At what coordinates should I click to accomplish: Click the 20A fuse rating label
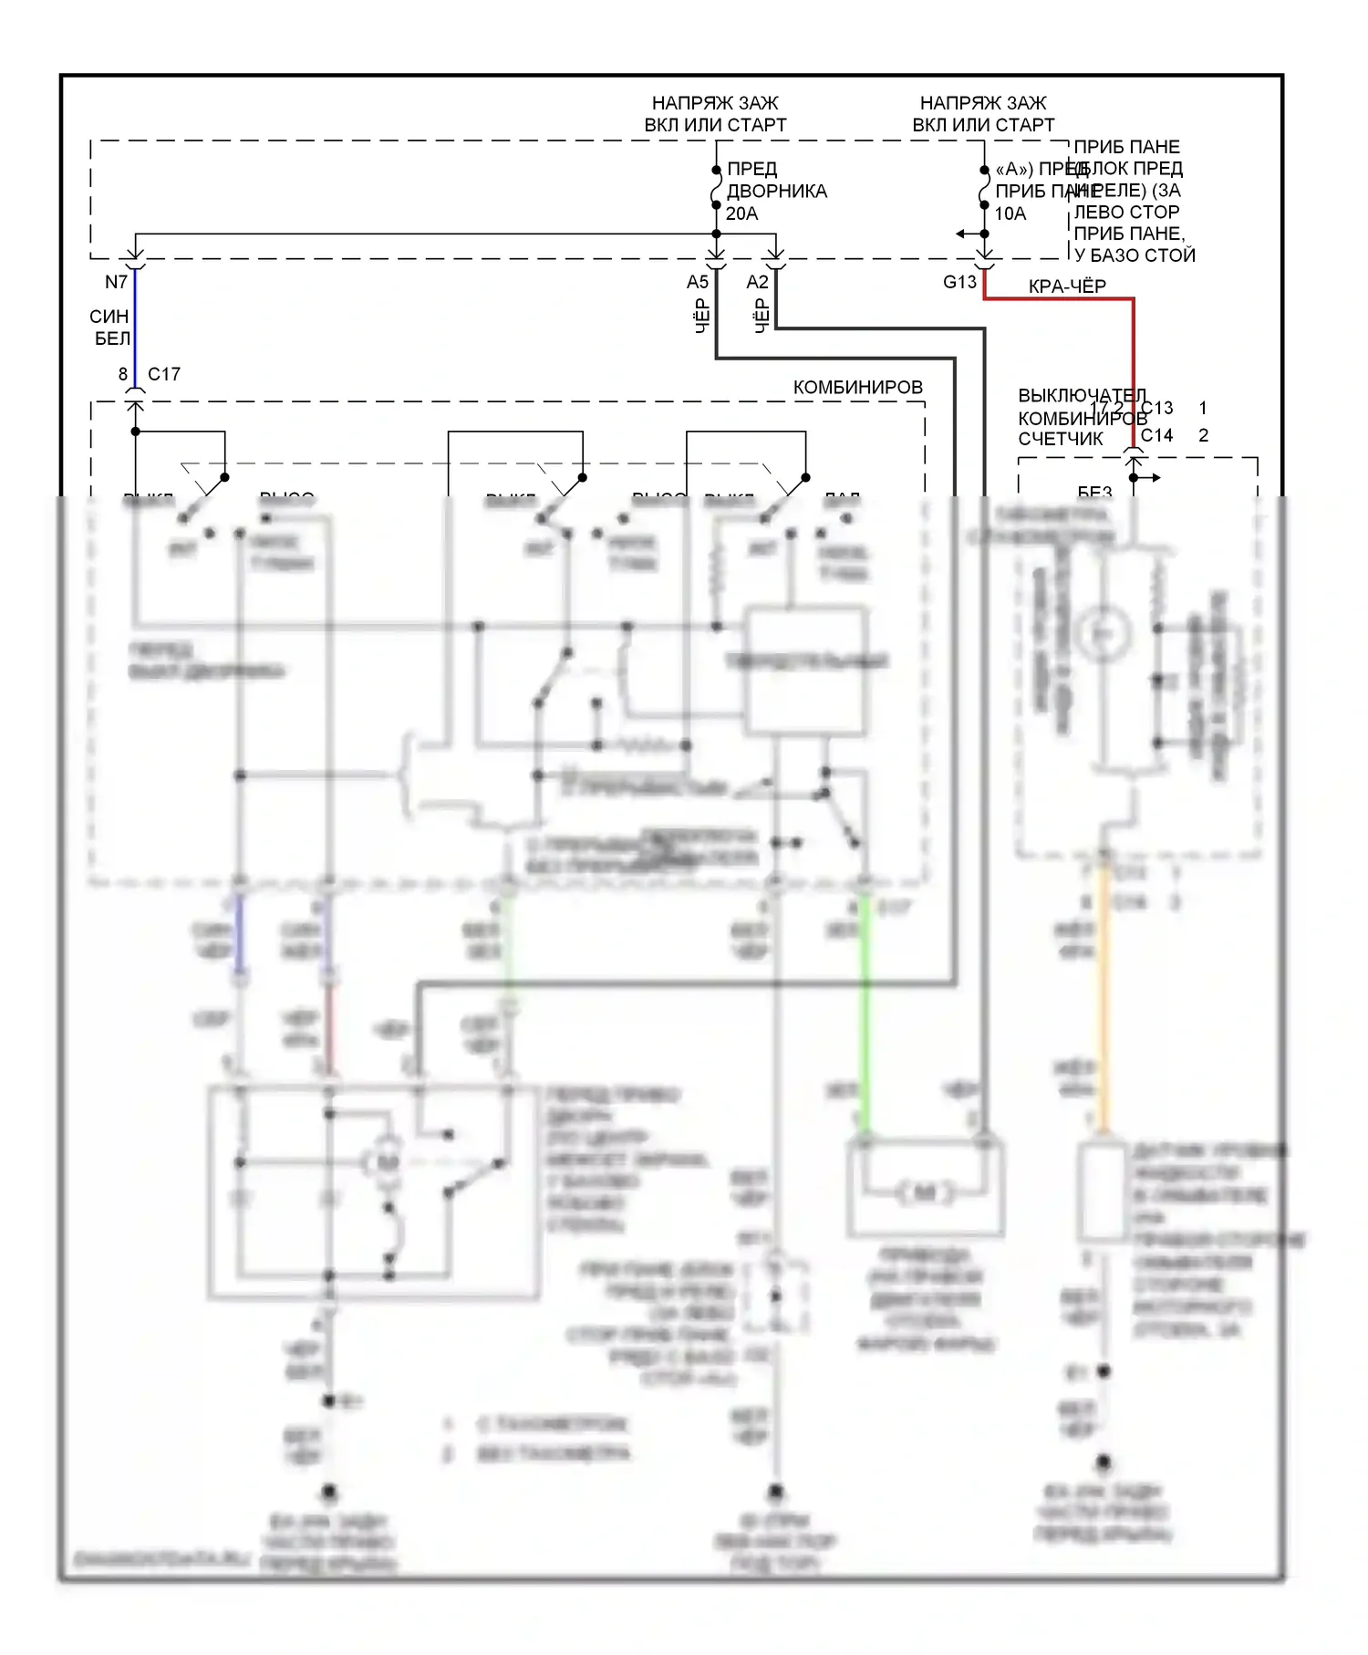(x=741, y=213)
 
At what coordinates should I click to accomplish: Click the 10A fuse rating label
(x=1010, y=213)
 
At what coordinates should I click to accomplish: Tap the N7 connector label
(x=116, y=283)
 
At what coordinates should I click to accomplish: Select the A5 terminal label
(x=698, y=283)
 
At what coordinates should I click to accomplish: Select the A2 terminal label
(x=757, y=283)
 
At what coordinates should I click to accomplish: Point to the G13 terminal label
(x=959, y=283)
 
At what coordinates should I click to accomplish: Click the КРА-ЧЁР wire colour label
(x=1067, y=286)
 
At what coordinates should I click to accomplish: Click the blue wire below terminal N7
(x=135, y=319)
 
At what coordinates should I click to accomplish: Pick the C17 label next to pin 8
(x=164, y=374)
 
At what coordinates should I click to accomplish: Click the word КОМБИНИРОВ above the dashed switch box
(x=857, y=388)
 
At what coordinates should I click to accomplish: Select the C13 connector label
(x=1156, y=408)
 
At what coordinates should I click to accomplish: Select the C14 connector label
(x=1156, y=435)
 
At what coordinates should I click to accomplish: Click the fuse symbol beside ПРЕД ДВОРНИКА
(x=716, y=192)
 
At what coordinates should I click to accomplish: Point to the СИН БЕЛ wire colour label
(x=110, y=328)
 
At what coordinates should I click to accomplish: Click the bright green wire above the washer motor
(x=865, y=1013)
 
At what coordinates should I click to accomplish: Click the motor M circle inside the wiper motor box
(x=388, y=1162)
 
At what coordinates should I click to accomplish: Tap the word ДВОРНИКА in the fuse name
(x=776, y=192)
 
